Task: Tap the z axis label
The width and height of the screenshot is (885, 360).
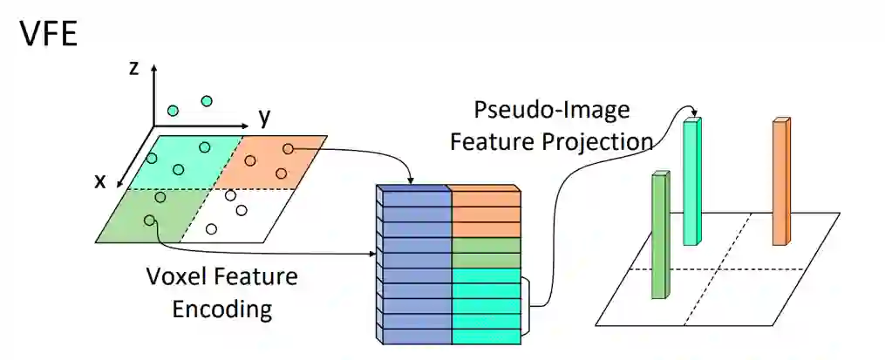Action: pos(133,69)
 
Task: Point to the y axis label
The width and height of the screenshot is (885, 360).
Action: pos(264,117)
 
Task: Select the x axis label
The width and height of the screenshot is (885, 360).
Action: pos(100,181)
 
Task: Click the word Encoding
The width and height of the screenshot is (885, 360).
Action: pos(221,309)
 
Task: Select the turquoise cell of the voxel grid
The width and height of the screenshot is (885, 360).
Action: pos(179,161)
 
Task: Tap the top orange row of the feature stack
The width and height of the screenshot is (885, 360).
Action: pos(486,198)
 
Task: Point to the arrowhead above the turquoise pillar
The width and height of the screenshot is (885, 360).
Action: pos(693,112)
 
